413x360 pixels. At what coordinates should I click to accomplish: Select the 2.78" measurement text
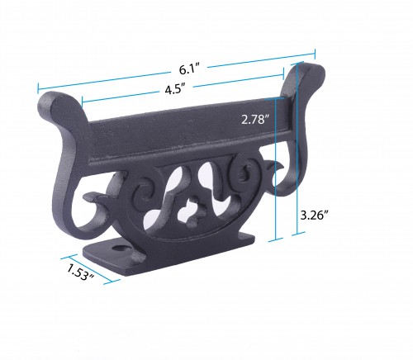(x=256, y=119)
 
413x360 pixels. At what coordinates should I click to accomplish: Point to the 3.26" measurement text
(x=315, y=215)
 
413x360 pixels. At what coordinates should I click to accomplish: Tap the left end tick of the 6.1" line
(x=37, y=87)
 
